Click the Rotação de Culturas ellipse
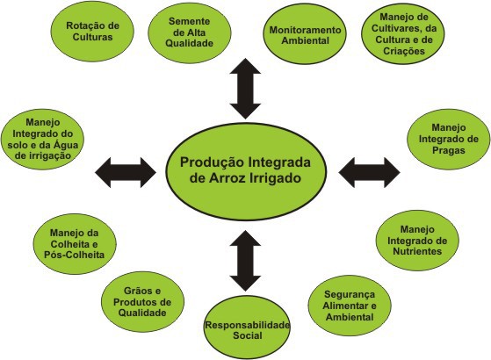(x=92, y=32)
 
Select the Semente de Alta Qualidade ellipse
(x=190, y=32)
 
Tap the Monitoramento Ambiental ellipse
(x=305, y=34)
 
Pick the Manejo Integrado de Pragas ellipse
(x=449, y=139)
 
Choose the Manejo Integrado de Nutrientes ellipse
(x=417, y=240)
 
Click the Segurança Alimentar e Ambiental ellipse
(x=350, y=306)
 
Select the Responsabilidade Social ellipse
(x=247, y=327)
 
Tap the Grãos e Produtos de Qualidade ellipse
(x=142, y=302)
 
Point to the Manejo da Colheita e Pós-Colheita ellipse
(x=75, y=244)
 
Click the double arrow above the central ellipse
(x=245, y=89)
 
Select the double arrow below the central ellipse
(x=245, y=261)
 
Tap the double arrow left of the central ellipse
(x=126, y=172)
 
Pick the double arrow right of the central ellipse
(x=369, y=172)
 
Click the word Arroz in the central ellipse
(x=227, y=178)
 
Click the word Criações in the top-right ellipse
(x=404, y=51)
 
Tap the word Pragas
(x=449, y=150)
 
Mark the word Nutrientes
(x=417, y=251)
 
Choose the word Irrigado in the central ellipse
(x=275, y=179)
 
